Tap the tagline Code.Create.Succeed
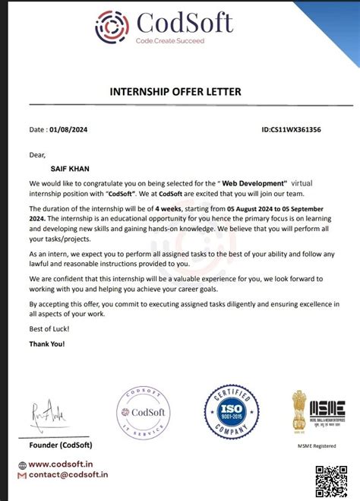(169, 41)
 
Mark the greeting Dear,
(38, 154)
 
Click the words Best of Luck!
(49, 328)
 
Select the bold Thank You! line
(47, 344)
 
